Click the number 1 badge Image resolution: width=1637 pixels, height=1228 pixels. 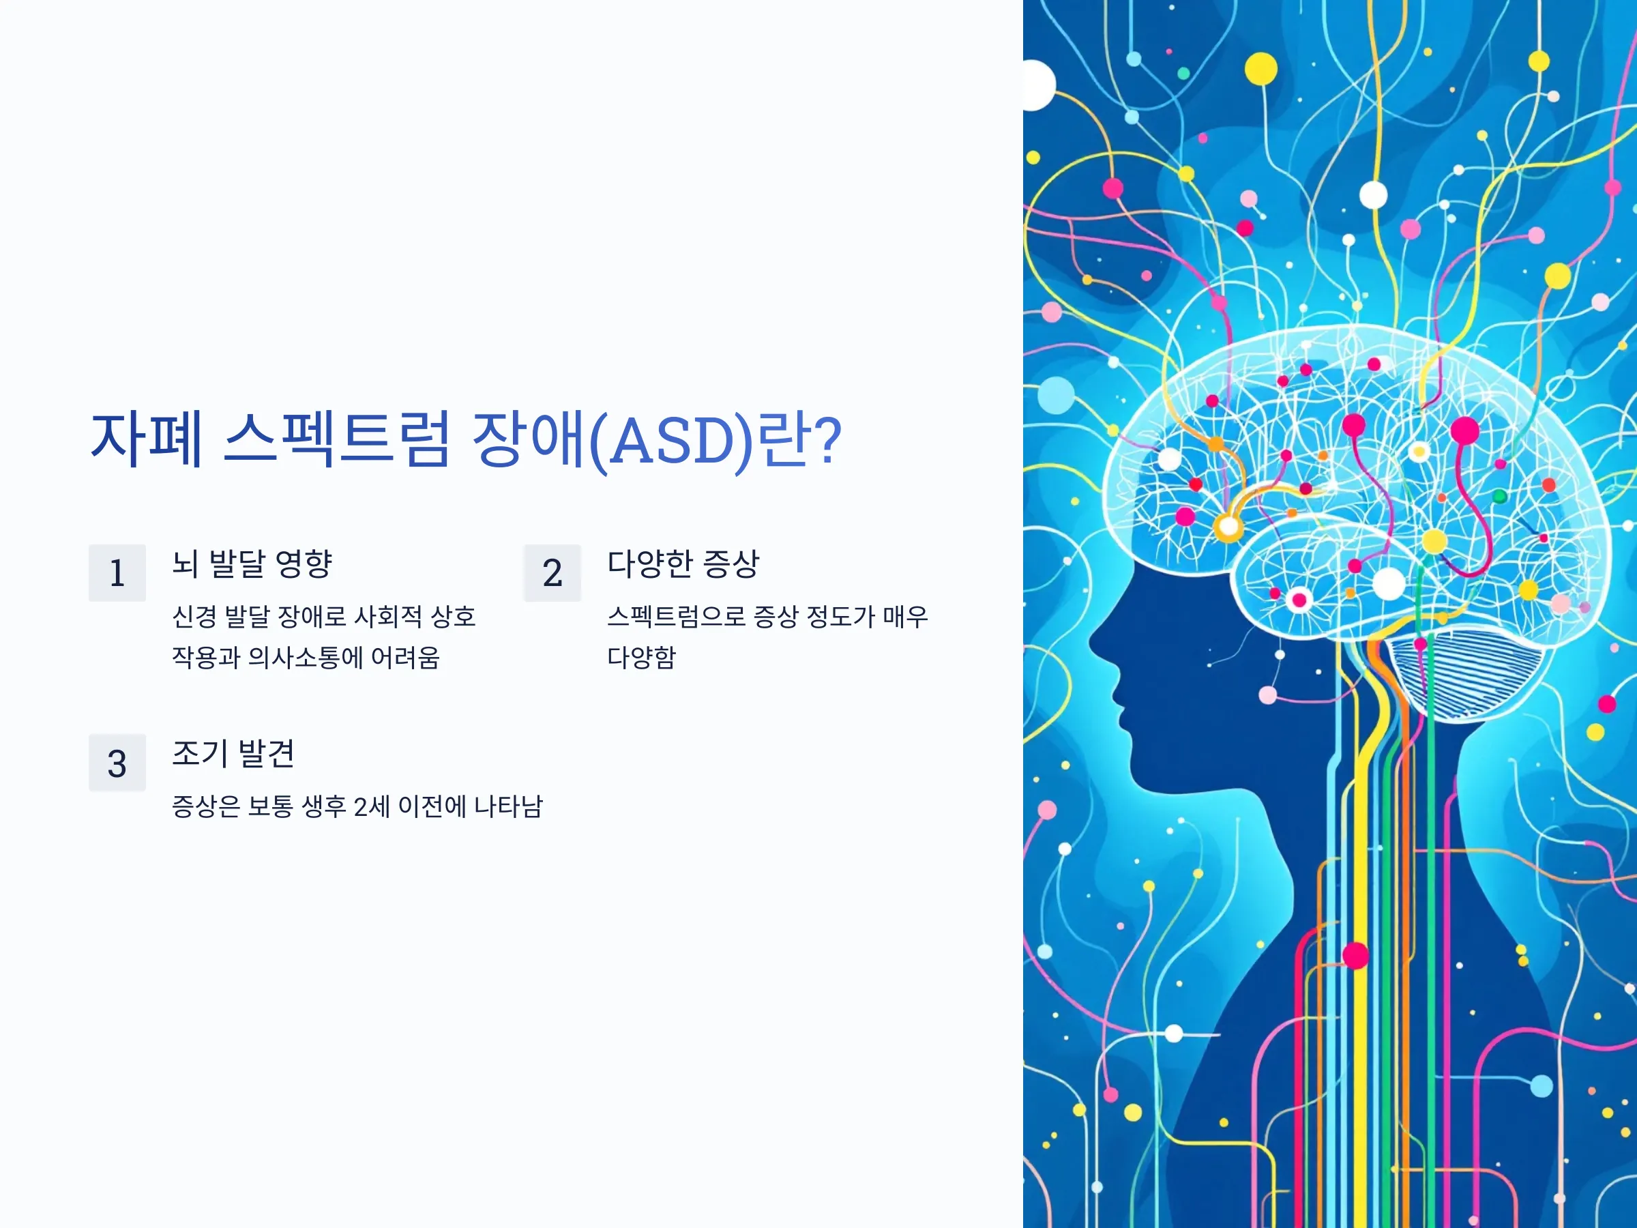pos(117,573)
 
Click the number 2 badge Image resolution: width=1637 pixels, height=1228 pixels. pos(552,573)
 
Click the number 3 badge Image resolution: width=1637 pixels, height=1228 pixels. pos(117,763)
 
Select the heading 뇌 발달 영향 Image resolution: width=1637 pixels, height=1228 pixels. pos(252,564)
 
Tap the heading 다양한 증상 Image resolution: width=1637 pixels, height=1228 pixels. pos(683,564)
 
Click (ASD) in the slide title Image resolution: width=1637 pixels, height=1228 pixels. pos(670,441)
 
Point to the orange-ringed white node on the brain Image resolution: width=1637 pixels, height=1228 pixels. pos(1228,528)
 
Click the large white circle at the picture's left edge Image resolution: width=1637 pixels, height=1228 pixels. pos(1037,86)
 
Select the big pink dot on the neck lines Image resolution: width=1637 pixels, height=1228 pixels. pos(1356,956)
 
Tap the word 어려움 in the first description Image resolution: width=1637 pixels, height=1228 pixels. pos(406,657)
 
